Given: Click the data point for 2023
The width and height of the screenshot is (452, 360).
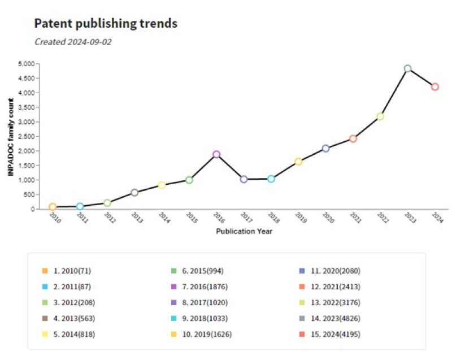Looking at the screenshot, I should [407, 68].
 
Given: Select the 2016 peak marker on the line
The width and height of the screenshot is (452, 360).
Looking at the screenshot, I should [216, 154].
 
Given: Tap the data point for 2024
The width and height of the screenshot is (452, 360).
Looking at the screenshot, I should [434, 86].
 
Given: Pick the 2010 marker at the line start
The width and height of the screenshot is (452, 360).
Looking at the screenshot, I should [53, 207].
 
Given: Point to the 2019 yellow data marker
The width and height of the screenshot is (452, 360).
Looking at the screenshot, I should [298, 162].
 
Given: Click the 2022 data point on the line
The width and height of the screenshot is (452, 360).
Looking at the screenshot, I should [380, 116].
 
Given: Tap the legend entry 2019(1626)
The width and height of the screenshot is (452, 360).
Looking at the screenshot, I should [206, 334].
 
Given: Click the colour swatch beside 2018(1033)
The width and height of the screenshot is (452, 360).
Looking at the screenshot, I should [176, 318].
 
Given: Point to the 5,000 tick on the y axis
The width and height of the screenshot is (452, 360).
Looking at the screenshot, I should [26, 63].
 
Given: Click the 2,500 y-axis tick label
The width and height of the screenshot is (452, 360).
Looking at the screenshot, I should [26, 136].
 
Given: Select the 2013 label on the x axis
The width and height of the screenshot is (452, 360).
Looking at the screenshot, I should [136, 218].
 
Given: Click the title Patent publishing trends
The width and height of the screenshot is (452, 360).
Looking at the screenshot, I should [106, 23].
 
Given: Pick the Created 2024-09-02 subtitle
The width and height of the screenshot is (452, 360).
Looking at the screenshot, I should [73, 42].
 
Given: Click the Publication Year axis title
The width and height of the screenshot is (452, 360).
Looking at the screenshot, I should [244, 231].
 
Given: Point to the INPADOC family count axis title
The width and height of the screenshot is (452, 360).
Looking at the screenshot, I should [11, 136].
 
